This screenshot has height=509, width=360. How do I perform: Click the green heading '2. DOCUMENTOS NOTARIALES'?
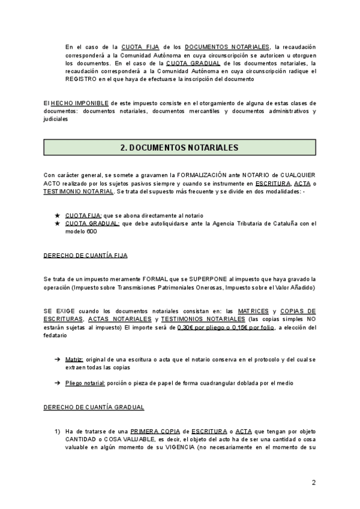[180, 147]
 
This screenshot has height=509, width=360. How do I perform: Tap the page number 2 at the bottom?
[314, 483]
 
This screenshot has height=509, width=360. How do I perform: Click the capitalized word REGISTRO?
[81, 78]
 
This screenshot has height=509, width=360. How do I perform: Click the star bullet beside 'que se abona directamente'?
[57, 215]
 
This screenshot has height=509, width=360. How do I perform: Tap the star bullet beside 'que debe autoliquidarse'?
[57, 223]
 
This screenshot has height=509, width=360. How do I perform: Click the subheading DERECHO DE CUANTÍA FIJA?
[85, 255]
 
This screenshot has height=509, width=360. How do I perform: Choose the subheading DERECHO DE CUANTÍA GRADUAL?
[94, 407]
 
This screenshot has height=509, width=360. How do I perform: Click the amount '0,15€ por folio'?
[256, 327]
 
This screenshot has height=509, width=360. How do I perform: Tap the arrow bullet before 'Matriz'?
[57, 359]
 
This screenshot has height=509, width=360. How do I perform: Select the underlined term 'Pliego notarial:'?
[86, 383]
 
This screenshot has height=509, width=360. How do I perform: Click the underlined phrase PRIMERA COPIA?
[152, 431]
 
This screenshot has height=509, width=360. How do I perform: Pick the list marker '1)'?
[57, 431]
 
